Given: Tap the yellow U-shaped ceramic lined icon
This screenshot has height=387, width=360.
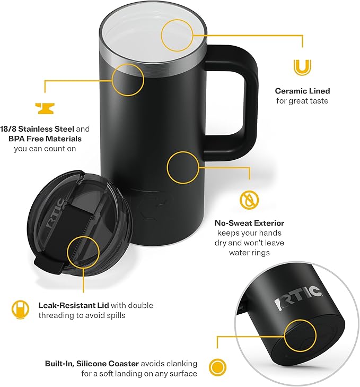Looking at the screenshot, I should pyautogui.click(x=302, y=68).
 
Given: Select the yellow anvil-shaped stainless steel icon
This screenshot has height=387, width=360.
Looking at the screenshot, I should pyautogui.click(x=45, y=108).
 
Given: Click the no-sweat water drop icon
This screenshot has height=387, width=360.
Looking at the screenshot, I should pyautogui.click(x=249, y=200).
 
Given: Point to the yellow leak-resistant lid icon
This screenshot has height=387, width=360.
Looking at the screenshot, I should pyautogui.click(x=20, y=310).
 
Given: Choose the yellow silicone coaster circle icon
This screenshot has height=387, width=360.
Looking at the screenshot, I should pyautogui.click(x=217, y=366).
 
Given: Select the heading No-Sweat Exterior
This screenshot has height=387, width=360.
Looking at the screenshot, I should pyautogui.click(x=249, y=223).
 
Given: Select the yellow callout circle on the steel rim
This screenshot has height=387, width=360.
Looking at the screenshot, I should pyautogui.click(x=128, y=80).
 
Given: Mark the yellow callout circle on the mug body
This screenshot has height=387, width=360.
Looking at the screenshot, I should pyautogui.click(x=183, y=167).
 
